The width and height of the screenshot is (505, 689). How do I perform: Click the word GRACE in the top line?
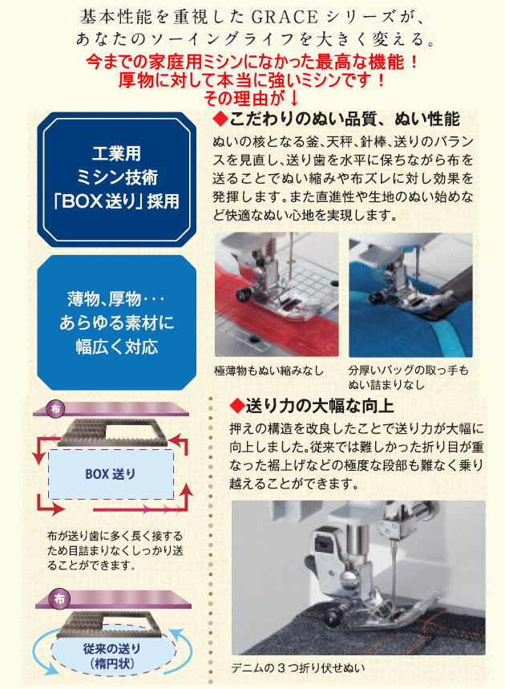(285, 17)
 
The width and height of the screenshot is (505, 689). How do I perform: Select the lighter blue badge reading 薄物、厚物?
(117, 322)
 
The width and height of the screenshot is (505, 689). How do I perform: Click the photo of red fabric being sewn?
(277, 294)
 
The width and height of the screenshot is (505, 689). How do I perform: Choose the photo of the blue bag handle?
(410, 294)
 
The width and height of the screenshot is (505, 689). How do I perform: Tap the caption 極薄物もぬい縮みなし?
(269, 371)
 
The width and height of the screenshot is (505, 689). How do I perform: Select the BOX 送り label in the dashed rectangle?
(111, 474)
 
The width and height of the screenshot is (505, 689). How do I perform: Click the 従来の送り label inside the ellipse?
(112, 649)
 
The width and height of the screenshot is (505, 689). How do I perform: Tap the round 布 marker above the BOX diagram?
(56, 409)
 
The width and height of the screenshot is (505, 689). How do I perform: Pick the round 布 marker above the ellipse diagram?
(60, 598)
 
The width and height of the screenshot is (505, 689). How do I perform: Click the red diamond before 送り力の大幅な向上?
(237, 406)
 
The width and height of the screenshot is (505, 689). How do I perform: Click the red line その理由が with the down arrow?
(251, 99)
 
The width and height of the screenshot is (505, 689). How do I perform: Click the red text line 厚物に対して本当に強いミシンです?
(252, 80)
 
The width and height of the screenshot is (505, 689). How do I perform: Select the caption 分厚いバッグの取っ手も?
(408, 371)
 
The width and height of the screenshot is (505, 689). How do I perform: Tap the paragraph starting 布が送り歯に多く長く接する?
(115, 550)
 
